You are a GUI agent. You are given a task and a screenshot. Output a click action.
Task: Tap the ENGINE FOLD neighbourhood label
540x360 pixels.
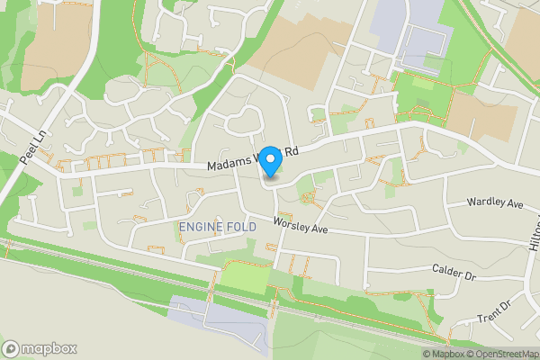(x=217, y=228)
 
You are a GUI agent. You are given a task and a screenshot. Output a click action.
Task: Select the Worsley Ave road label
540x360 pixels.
(x=301, y=226)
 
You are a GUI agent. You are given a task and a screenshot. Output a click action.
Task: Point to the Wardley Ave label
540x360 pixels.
(x=495, y=204)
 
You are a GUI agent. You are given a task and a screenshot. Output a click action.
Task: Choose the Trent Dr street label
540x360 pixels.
(x=492, y=310)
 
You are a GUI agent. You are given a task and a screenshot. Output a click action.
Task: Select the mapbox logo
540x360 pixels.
(x=40, y=348)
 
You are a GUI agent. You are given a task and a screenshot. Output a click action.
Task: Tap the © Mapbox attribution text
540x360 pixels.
(x=444, y=354)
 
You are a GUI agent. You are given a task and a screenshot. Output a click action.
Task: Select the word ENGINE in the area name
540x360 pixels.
(x=202, y=228)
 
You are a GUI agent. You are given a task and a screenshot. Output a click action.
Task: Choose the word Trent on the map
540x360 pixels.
(x=487, y=314)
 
